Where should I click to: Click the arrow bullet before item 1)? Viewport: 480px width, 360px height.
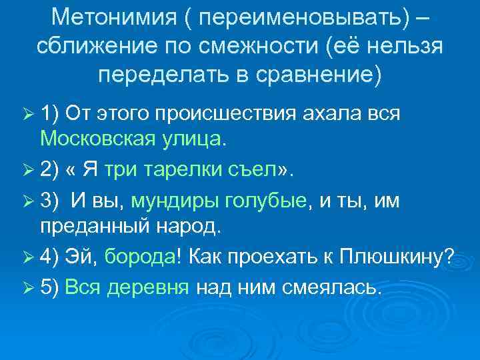tap(25, 114)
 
